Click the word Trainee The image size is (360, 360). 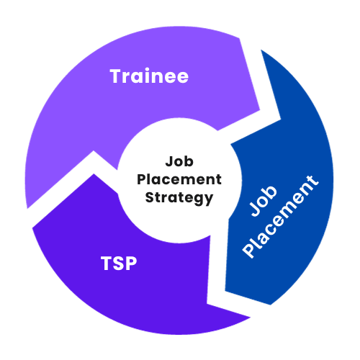click(x=149, y=76)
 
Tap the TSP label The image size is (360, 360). click(x=119, y=264)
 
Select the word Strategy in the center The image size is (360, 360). click(x=179, y=198)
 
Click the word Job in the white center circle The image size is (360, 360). click(x=179, y=161)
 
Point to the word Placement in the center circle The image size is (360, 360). click(x=179, y=179)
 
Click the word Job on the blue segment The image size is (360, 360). click(x=263, y=201)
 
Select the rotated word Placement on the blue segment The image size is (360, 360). click(x=280, y=217)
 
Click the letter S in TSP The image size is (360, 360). click(x=119, y=264)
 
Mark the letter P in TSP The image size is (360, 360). click(x=132, y=264)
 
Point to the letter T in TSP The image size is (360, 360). click(x=107, y=264)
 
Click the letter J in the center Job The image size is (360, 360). click(x=169, y=161)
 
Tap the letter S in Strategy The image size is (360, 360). click(x=150, y=197)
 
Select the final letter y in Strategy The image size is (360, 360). click(x=209, y=199)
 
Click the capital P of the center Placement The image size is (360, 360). click(x=141, y=179)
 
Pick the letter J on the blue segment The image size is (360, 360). click(x=255, y=210)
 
